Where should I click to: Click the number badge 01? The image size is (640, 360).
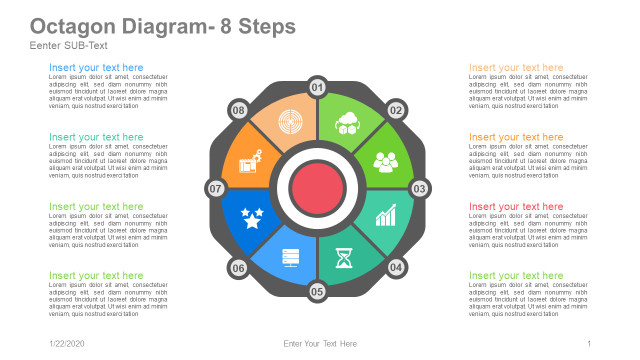(317, 88)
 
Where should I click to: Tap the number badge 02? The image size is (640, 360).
(396, 110)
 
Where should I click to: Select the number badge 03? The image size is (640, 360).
(420, 188)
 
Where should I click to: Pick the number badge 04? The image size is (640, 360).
(396, 267)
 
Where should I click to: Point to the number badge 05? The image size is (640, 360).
(317, 292)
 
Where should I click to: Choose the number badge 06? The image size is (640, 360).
(238, 267)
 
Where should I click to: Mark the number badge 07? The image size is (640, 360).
(215, 188)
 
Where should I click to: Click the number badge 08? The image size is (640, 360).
(238, 110)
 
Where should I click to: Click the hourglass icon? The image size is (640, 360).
(345, 258)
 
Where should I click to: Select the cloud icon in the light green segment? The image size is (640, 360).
(348, 123)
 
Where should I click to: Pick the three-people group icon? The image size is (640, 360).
(386, 160)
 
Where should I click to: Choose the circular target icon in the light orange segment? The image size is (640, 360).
(290, 122)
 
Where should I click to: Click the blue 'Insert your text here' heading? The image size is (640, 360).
(96, 68)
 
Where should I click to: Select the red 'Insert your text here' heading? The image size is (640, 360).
(516, 206)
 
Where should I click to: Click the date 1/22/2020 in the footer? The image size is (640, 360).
(69, 343)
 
